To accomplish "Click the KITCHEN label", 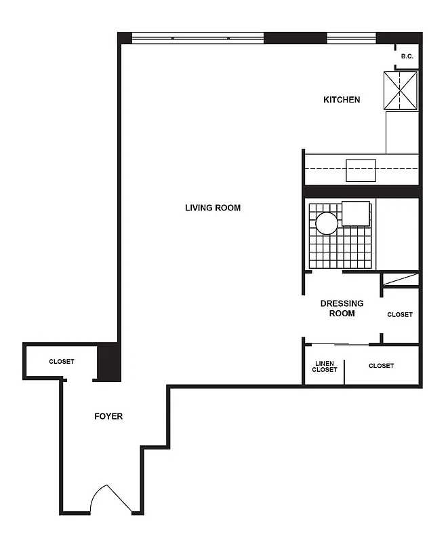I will [x=342, y=100].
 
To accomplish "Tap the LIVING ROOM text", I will [x=213, y=208].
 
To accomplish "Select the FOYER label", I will [x=108, y=416].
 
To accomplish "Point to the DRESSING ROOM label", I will [x=342, y=308].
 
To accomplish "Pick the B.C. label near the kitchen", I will [x=407, y=56].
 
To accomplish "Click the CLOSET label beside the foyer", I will [x=61, y=362].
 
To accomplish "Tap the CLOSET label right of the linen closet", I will [x=381, y=366].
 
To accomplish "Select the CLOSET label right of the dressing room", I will [x=399, y=314].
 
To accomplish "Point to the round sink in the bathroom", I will [x=326, y=223].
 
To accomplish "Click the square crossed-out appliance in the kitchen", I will [x=400, y=90].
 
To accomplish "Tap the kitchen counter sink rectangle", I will [x=361, y=170].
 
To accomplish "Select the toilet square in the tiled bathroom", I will [x=356, y=213].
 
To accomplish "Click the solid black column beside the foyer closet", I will [x=109, y=362].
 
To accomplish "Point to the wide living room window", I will [x=197, y=38].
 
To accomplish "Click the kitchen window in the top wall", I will [x=351, y=38].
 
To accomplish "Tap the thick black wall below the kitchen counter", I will [x=361, y=191].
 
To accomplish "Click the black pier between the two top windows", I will [x=295, y=38].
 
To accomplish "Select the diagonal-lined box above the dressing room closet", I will [x=400, y=279].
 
